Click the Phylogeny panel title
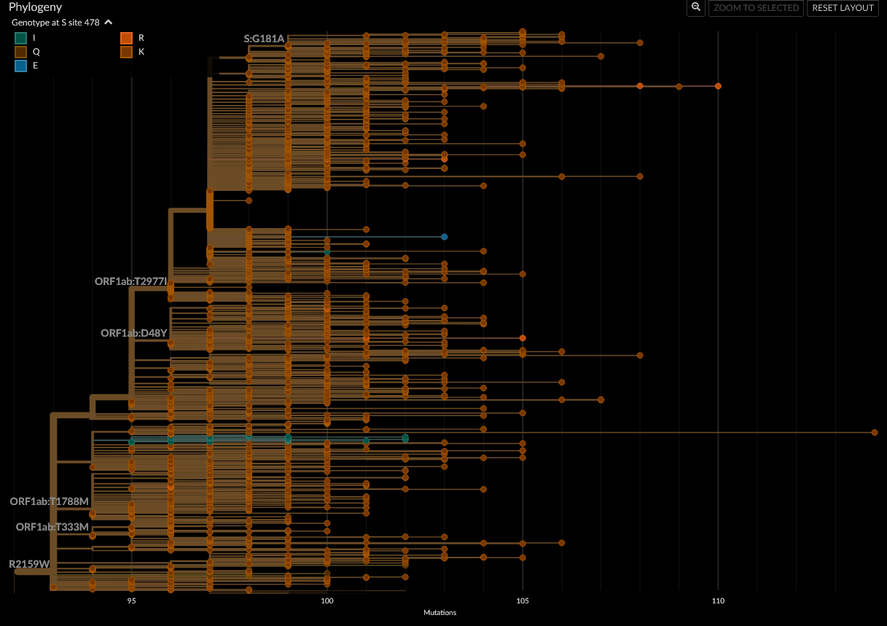coord(35,7)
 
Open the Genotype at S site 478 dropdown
coord(62,23)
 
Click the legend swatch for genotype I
coord(21,38)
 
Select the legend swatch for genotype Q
coord(21,52)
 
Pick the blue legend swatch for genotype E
coord(21,66)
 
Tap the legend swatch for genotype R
coord(126,38)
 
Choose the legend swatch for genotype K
coord(126,52)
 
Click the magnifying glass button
coord(696,7)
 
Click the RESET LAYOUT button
coord(843,8)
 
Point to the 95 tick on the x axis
coord(131,601)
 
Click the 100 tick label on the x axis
coord(327,601)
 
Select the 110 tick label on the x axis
coord(718,601)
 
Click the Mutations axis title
coord(439,613)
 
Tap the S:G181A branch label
coord(264,39)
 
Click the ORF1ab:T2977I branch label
coord(130,281)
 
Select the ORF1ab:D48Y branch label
coord(134,333)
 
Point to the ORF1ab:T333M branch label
coord(52,527)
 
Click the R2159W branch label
coord(29,564)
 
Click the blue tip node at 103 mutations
coord(444,237)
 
